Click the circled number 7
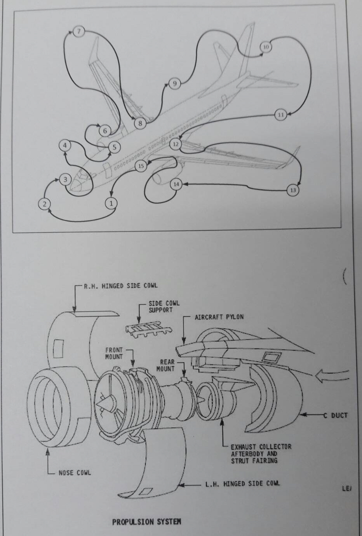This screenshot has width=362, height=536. [79, 31]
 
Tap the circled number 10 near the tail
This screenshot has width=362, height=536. [266, 47]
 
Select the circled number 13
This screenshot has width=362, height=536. [293, 190]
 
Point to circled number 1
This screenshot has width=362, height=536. [111, 203]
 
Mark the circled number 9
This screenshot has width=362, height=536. [174, 83]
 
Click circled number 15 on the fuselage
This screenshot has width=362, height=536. [141, 166]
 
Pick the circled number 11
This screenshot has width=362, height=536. [281, 115]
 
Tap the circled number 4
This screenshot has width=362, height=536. [65, 145]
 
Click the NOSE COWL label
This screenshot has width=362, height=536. [75, 473]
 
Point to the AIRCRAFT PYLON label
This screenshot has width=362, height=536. [219, 317]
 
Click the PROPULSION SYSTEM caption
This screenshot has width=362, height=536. [146, 522]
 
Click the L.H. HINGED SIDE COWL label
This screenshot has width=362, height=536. [242, 484]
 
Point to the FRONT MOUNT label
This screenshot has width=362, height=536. [114, 353]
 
